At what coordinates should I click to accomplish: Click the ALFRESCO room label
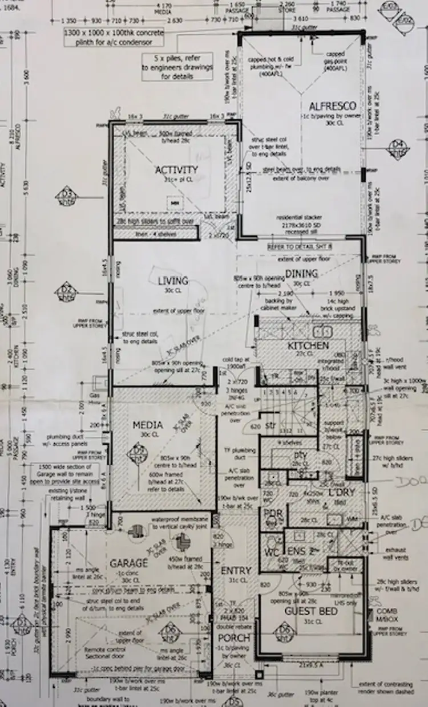[x=333, y=106]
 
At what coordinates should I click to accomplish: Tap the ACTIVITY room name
[x=176, y=170]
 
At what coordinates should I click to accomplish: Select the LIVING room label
[x=173, y=281]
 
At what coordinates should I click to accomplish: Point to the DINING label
[x=301, y=274]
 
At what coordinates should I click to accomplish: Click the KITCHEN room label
[x=308, y=346]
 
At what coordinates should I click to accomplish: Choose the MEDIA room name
[x=148, y=425]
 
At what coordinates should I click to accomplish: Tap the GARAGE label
[x=130, y=563]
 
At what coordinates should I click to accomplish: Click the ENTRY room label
[x=236, y=571]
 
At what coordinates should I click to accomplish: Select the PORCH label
[x=234, y=637]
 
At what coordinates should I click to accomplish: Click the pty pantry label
[x=300, y=456]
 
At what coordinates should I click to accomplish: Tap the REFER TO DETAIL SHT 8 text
[x=300, y=246]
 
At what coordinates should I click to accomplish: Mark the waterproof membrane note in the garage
[x=177, y=523]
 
